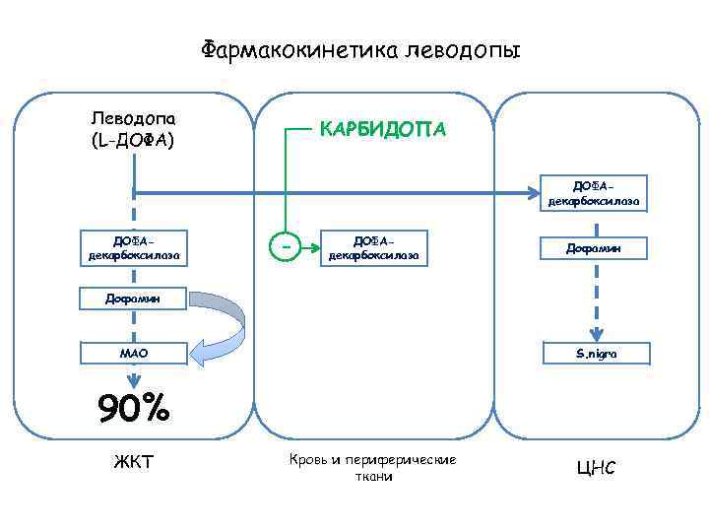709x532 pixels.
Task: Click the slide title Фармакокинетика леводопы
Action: tap(360, 49)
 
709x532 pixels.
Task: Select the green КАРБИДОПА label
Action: tap(381, 129)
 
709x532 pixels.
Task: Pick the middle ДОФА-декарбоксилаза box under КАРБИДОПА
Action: tap(373, 246)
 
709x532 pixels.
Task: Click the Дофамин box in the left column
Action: tap(133, 297)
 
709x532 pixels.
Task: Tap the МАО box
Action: tap(133, 353)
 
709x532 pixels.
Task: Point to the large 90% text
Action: tap(132, 407)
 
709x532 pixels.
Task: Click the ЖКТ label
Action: tap(132, 461)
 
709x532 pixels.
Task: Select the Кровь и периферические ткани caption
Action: tap(372, 467)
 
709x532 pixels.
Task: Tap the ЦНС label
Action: tap(595, 466)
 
